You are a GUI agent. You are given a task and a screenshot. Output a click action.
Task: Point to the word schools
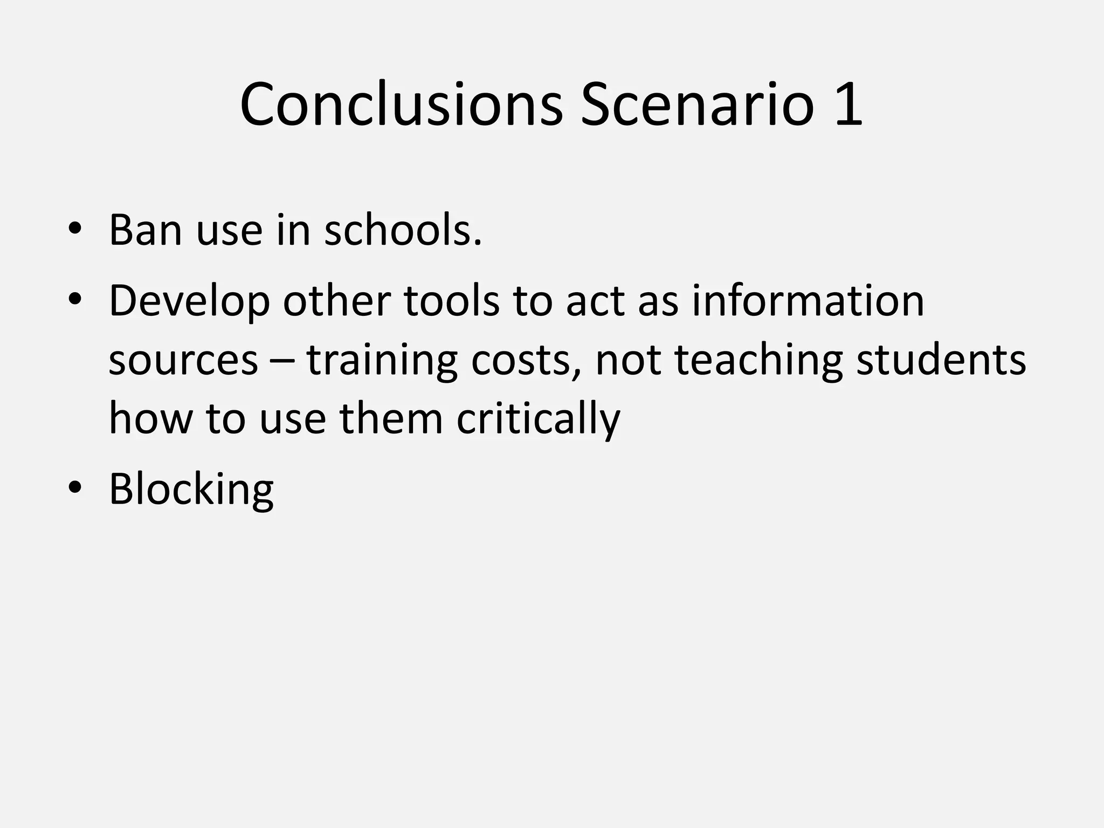[403, 230]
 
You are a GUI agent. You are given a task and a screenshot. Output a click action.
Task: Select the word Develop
[189, 301]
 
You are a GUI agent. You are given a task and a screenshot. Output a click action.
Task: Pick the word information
[808, 300]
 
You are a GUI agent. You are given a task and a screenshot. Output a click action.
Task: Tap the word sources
[183, 360]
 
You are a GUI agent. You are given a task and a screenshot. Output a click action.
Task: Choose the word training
[382, 360]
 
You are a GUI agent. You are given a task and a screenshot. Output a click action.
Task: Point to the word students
[941, 360]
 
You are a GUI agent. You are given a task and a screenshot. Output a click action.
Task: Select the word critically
[539, 419]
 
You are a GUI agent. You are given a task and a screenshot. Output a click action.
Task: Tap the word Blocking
[191, 489]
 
